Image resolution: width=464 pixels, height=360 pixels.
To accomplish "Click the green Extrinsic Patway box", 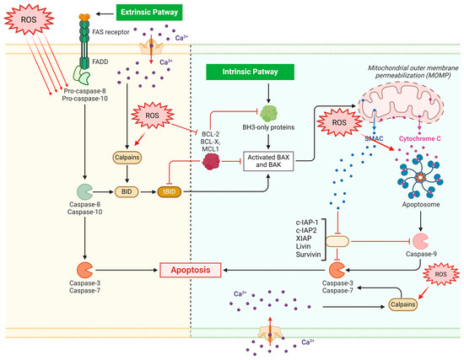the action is [x=149, y=12].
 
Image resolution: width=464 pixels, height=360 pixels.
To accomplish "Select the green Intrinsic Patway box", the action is [x=250, y=72].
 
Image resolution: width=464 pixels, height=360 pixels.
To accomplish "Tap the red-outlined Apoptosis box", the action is [x=191, y=270].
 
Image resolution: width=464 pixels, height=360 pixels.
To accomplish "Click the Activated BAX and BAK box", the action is [x=268, y=161].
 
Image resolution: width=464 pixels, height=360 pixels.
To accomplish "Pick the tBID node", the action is [x=170, y=191].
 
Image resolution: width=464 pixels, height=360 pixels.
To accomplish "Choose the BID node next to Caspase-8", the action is [x=127, y=191].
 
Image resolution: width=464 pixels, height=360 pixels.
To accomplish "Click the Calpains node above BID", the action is [x=127, y=158].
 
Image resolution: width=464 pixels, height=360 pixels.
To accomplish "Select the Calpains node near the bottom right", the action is [x=402, y=304].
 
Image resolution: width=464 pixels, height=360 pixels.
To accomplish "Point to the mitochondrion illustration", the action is [x=402, y=103].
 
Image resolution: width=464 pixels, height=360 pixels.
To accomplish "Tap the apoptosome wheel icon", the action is [x=420, y=177].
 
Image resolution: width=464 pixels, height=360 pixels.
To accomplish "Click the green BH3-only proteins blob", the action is [x=268, y=114].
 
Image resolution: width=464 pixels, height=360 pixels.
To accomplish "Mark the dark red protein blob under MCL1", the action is [x=211, y=162].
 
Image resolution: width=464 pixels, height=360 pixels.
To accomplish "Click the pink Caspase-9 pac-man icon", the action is [x=420, y=241].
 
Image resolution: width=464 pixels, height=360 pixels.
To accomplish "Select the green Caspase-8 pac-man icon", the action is [x=84, y=191].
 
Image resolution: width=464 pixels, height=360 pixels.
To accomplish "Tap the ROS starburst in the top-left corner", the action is [x=29, y=19].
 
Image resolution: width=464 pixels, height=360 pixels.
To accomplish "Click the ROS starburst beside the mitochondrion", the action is [x=339, y=122].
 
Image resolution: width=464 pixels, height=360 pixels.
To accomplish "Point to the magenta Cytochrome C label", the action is [x=419, y=139].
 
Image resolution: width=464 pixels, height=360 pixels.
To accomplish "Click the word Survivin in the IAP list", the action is [x=308, y=254].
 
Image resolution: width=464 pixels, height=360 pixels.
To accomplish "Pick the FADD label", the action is [x=100, y=62].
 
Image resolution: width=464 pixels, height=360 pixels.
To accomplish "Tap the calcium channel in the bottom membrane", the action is [x=270, y=333].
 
